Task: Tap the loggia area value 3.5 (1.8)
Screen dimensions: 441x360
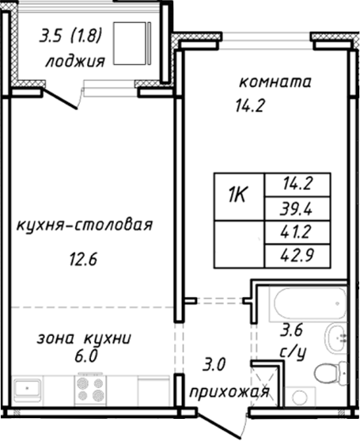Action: [x=74, y=37]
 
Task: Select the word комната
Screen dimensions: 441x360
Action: [x=276, y=82]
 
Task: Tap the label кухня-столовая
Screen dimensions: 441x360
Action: [x=84, y=225]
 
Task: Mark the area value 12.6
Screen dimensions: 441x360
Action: [x=81, y=258]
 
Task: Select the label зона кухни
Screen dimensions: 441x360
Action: [x=85, y=338]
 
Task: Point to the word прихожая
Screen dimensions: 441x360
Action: [x=229, y=391]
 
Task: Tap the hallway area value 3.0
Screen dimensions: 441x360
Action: [x=214, y=365]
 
